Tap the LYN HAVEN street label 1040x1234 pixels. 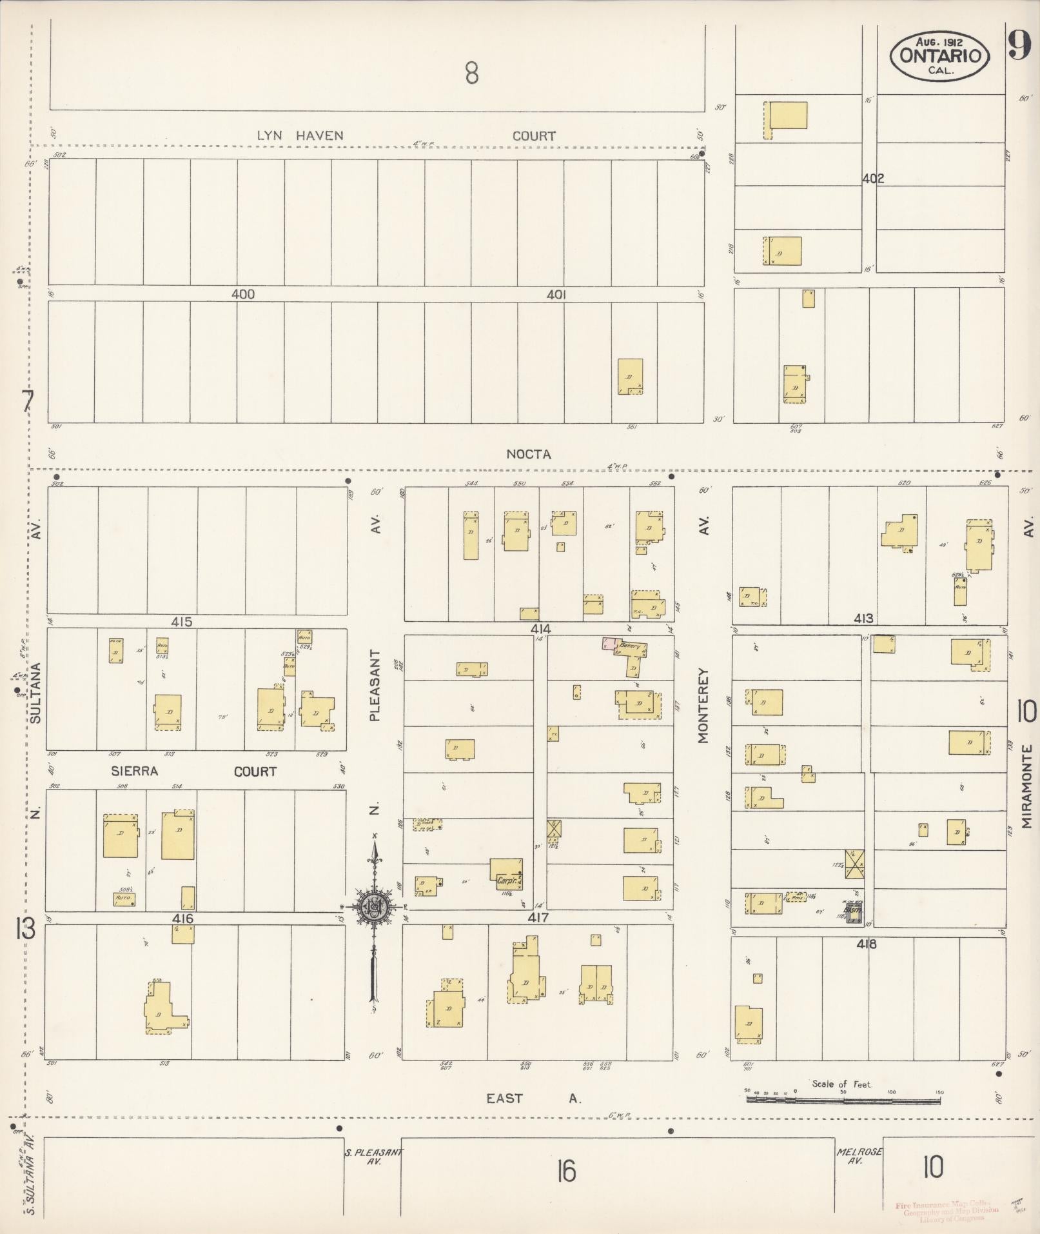[300, 136]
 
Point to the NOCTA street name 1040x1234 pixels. [528, 454]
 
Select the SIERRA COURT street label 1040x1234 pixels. [193, 771]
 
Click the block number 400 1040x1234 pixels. [243, 295]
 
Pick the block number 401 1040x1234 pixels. [556, 295]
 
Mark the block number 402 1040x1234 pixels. [873, 179]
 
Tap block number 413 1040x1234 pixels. [863, 619]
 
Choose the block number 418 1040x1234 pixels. [867, 944]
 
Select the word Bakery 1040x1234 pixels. [629, 645]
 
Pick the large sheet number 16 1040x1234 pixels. [566, 1171]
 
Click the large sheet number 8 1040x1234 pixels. [472, 74]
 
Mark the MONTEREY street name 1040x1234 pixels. [703, 706]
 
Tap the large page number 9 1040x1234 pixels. [1019, 45]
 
